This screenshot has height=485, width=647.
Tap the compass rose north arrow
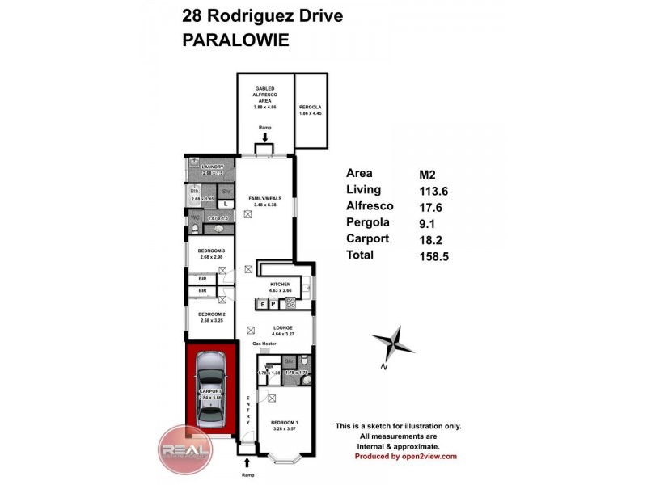tap(392, 344)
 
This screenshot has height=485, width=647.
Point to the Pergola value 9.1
tap(422, 223)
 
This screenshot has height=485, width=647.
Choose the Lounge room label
tap(282, 327)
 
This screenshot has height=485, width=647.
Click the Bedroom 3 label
tap(211, 251)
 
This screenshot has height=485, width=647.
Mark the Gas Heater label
tap(264, 344)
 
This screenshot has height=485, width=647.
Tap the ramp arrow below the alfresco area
tap(264, 138)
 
